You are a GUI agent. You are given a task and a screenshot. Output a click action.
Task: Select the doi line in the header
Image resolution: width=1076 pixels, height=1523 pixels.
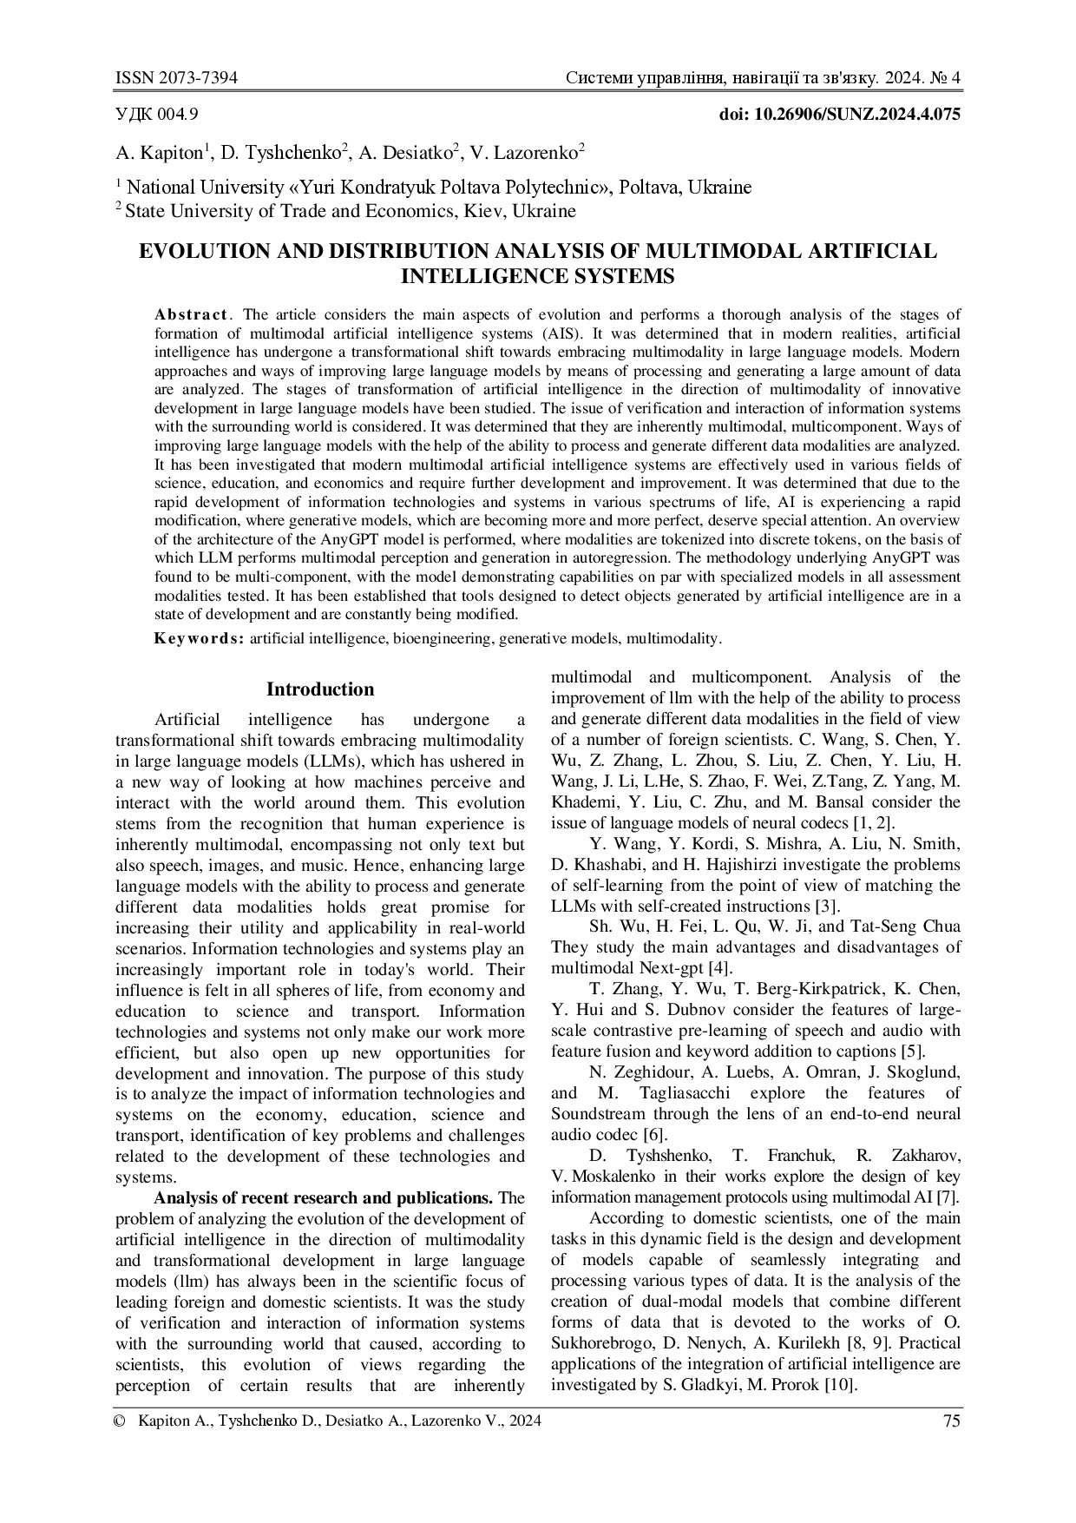click(x=840, y=115)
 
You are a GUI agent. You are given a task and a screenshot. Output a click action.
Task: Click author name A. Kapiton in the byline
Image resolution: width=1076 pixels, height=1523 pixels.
click(x=159, y=154)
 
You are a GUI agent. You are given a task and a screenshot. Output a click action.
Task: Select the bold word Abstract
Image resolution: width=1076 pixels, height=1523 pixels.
click(x=192, y=314)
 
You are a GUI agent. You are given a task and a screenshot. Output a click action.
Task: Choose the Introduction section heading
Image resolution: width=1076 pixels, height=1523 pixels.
click(x=320, y=689)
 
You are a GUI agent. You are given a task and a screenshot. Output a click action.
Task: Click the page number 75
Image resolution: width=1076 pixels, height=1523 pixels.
click(x=951, y=1421)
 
